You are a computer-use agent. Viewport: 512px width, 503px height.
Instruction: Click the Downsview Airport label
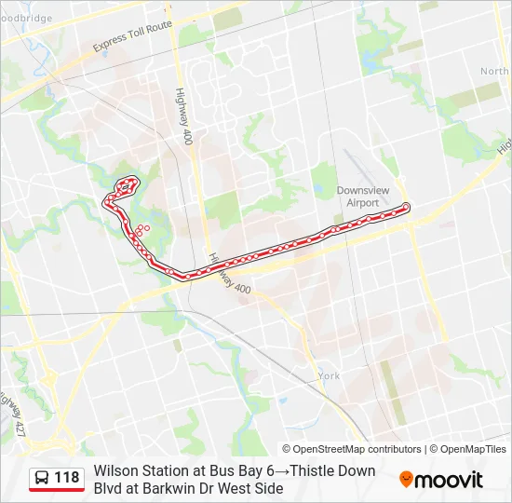(357, 196)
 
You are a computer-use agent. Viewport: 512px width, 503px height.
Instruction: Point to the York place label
(329, 375)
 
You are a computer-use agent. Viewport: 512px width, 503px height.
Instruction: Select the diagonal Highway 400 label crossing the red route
(229, 278)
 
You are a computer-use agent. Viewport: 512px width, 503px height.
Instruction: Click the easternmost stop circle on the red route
(406, 206)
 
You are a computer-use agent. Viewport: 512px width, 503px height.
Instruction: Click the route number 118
(67, 478)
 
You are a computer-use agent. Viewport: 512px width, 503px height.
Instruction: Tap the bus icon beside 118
(43, 478)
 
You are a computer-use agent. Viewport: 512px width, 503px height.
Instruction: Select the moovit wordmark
(450, 480)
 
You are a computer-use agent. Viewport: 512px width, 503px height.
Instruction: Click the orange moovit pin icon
(407, 480)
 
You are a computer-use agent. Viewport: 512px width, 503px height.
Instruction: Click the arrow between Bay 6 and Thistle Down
(283, 470)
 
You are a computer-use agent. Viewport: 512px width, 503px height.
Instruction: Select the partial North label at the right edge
(495, 71)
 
